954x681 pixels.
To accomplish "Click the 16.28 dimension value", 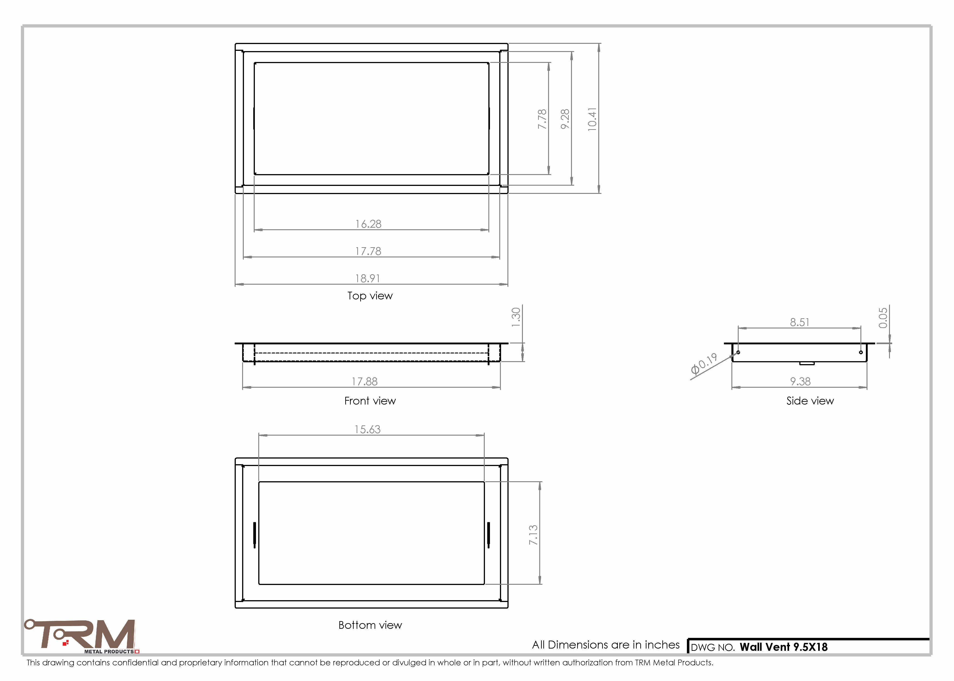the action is tap(368, 224).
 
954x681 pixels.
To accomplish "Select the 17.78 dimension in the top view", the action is tap(368, 251).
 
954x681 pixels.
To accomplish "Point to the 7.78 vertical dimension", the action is tap(542, 119).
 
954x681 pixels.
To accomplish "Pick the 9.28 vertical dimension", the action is tap(565, 119).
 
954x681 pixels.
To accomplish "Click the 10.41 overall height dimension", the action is tap(592, 119).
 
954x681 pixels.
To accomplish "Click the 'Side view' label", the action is tap(810, 401).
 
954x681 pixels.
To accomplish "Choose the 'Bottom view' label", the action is tap(370, 625).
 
